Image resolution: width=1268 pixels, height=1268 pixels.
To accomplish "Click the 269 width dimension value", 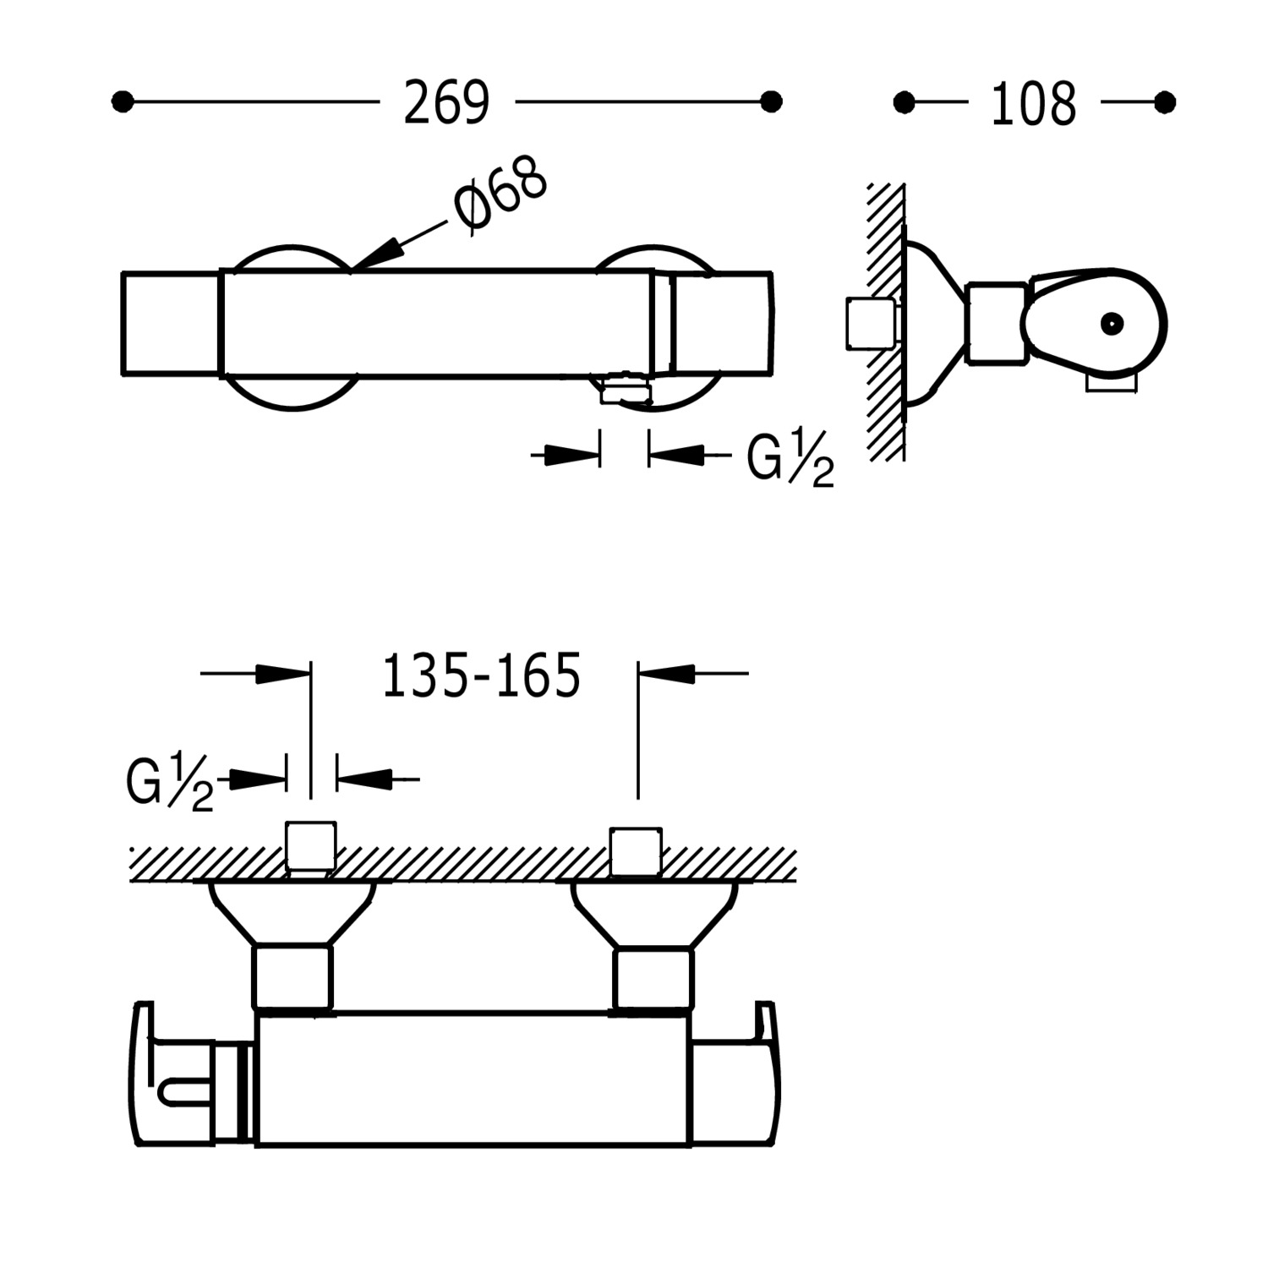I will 446,103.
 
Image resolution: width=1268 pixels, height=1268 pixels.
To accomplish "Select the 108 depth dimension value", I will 1033,105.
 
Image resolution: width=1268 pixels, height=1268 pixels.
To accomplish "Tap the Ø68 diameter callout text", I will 500,194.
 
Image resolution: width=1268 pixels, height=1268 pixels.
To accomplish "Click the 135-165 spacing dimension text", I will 482,676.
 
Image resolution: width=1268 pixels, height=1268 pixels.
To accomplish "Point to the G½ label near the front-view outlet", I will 790,461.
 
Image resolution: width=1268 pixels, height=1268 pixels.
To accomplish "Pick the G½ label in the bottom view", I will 170,784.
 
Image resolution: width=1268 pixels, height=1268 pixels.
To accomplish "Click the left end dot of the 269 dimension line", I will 123,102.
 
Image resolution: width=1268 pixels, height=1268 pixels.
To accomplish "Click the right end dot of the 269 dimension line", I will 771,102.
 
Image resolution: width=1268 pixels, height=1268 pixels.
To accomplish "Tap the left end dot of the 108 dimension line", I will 904,102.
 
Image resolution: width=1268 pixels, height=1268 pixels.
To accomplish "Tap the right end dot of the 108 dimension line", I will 1165,102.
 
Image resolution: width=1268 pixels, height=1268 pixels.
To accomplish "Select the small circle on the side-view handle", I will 1111,323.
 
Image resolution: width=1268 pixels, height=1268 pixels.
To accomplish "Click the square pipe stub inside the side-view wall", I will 870,323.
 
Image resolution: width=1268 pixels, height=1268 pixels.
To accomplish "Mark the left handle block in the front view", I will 170,323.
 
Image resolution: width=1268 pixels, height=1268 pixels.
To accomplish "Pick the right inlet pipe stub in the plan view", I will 636,851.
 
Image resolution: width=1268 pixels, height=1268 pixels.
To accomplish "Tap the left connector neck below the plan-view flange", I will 292,977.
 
